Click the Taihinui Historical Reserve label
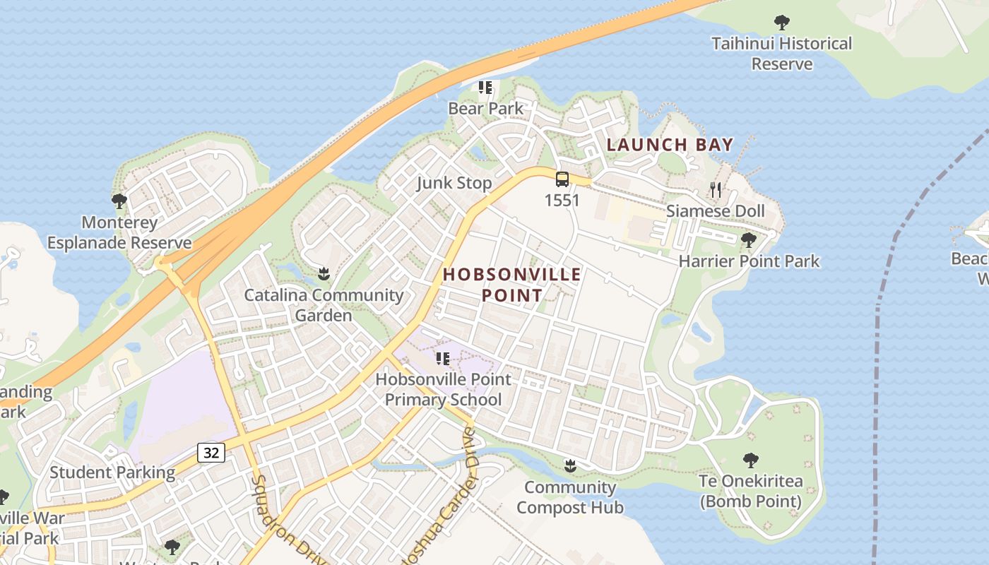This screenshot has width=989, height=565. pyautogui.click(x=781, y=54)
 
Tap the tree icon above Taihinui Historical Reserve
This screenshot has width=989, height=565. pyautogui.click(x=781, y=23)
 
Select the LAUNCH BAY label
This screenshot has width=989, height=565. pyautogui.click(x=670, y=145)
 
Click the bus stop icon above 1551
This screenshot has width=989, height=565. pyautogui.click(x=562, y=179)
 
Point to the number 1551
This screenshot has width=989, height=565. pyautogui.click(x=562, y=201)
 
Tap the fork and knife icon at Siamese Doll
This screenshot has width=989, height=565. pyautogui.click(x=716, y=189)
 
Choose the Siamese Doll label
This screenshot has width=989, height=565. pyautogui.click(x=716, y=211)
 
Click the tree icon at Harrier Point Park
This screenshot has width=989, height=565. pyautogui.click(x=749, y=240)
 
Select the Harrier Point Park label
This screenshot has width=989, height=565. pyautogui.click(x=749, y=261)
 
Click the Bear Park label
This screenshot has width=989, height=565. pyautogui.click(x=486, y=109)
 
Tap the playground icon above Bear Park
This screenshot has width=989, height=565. pyautogui.click(x=485, y=88)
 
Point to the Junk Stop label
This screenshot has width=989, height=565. pyautogui.click(x=454, y=184)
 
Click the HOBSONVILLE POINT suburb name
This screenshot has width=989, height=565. pyautogui.click(x=512, y=285)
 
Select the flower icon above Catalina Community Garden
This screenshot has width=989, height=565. pyautogui.click(x=324, y=273)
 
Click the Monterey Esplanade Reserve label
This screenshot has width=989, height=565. pyautogui.click(x=119, y=233)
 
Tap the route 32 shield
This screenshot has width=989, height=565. pyautogui.click(x=211, y=453)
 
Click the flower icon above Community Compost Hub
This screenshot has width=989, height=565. pyautogui.click(x=569, y=465)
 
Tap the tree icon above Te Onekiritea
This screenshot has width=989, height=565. pyautogui.click(x=750, y=460)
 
